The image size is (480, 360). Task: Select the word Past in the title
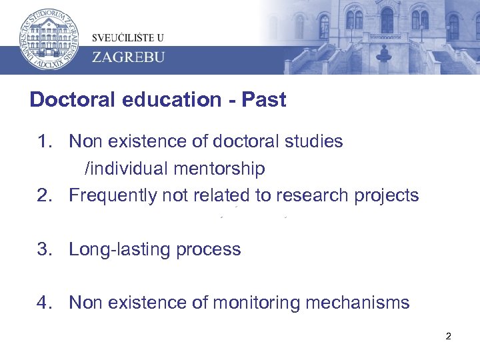264,100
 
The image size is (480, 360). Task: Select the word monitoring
255,303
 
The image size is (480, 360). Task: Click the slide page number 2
448,336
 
